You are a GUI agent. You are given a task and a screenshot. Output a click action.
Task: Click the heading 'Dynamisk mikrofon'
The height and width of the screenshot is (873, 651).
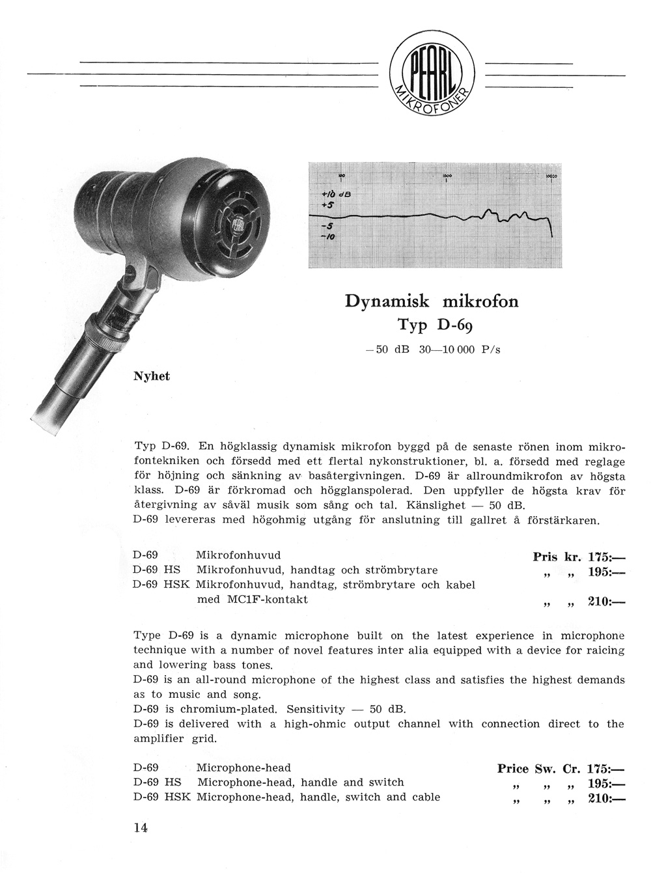point(431,301)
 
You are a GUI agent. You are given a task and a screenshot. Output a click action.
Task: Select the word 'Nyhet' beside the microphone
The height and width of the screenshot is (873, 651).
point(152,376)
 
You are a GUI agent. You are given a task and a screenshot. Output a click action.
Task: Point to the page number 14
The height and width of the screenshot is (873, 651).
point(141,828)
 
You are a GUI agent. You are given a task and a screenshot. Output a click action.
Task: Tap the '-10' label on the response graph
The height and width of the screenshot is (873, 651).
point(330,238)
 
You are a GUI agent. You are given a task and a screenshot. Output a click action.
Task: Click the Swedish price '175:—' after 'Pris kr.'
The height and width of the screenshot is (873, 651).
point(605,557)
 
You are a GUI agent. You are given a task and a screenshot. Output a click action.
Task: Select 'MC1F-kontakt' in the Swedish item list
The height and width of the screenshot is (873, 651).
point(253,599)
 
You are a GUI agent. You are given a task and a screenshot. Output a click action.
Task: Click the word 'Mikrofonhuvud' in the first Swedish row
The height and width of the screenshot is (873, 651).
point(238,555)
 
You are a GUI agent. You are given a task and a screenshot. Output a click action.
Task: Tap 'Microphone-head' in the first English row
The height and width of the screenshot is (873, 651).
point(243,768)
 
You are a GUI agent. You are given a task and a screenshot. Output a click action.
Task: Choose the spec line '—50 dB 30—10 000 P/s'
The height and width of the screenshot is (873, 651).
point(432,350)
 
